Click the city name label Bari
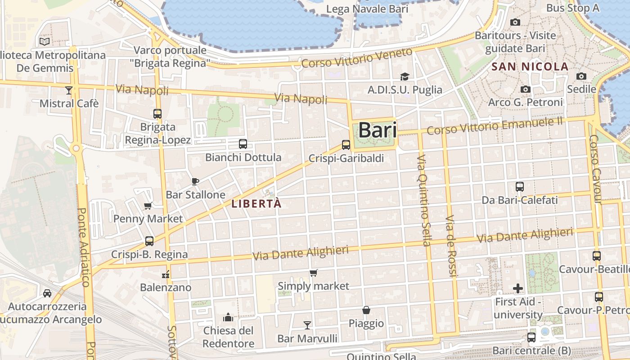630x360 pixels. coord(378,130)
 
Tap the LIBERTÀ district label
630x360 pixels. coord(256,204)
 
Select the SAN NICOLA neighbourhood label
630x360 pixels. coord(530,67)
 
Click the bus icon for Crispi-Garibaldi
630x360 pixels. coord(346,145)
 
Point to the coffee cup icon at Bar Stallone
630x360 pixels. coord(195,181)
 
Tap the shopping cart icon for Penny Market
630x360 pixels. coord(148,206)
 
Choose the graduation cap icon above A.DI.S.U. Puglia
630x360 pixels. coord(405,76)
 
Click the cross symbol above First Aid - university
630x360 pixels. coord(518,288)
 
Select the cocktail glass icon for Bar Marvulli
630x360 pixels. coord(307,325)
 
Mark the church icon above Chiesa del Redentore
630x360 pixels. coord(228,317)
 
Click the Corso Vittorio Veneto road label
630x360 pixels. coord(357,58)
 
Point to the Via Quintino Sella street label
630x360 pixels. coord(424,201)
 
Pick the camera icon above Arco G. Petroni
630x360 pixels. coord(525,90)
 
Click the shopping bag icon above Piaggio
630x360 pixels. coord(366,310)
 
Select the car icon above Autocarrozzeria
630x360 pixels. coord(47,293)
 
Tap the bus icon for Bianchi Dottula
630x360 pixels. coord(243,144)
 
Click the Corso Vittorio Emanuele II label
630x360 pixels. coord(495,126)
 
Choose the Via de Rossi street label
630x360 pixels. coord(451,246)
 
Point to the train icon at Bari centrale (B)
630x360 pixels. coord(531,337)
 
